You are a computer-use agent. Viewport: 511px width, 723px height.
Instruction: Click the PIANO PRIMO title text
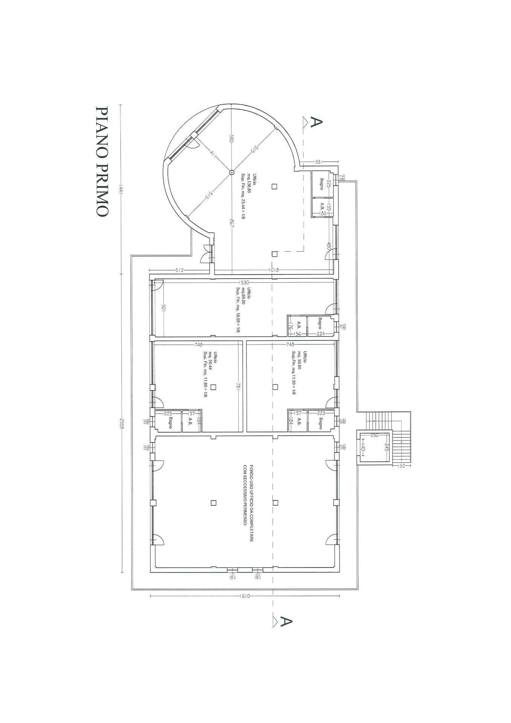point(102,161)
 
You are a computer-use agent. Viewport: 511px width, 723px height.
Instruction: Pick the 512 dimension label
point(179,270)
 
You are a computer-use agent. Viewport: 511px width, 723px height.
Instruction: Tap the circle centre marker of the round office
point(231,172)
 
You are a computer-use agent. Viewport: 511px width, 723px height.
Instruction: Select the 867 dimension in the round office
point(231,223)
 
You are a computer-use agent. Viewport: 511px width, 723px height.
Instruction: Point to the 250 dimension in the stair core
point(374,435)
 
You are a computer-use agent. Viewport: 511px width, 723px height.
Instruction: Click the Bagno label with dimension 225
point(322,183)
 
